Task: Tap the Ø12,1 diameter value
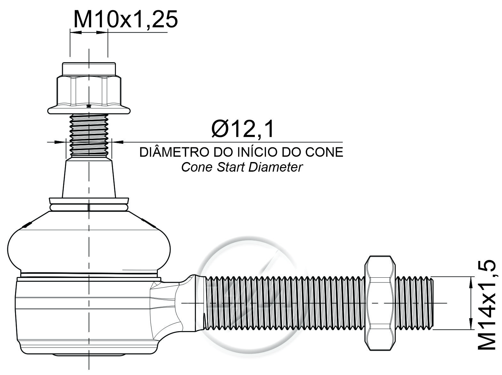click(x=243, y=129)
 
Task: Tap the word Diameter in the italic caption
click(x=276, y=167)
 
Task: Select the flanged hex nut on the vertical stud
click(x=89, y=88)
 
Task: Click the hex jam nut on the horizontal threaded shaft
click(x=380, y=303)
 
